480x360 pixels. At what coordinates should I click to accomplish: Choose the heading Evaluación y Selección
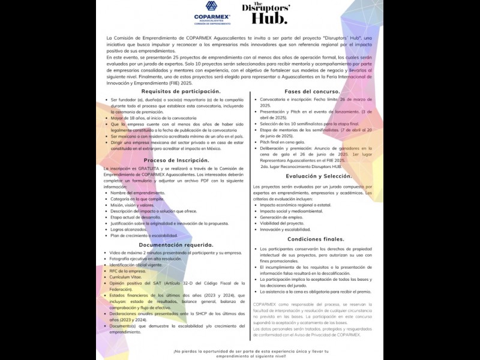pyautogui.click(x=318, y=176)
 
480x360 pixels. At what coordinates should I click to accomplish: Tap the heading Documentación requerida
pyautogui.click(x=176, y=245)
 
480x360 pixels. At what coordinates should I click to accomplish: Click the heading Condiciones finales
pyautogui.click(x=316, y=239)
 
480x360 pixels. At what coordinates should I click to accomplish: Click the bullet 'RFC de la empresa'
pyautogui.click(x=128, y=271)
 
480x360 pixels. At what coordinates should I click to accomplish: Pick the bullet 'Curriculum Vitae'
pyautogui.click(x=128, y=277)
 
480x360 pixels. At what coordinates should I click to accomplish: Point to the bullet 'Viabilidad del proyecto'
pyautogui.click(x=282, y=223)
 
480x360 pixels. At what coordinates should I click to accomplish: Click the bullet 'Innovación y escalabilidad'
pyautogui.click(x=285, y=229)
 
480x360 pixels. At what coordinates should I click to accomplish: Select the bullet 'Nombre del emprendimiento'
pyautogui.click(x=137, y=193)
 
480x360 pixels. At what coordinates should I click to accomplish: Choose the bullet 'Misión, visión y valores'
pyautogui.click(x=132, y=205)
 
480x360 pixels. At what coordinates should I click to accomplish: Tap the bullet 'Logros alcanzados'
pyautogui.click(x=128, y=229)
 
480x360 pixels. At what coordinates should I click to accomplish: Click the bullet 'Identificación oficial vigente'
pyautogui.click(x=136, y=265)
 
